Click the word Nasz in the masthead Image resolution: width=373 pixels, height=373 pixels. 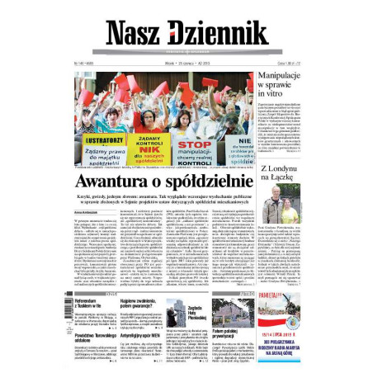131,32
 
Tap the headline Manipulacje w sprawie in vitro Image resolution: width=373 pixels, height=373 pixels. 289,87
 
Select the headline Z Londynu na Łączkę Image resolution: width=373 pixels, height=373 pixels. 288,177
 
